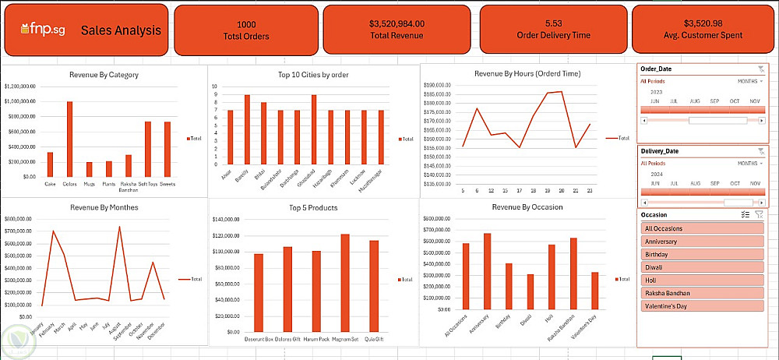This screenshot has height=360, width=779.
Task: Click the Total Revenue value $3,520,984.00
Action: [397, 24]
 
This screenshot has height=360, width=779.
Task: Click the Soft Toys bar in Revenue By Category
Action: [147, 149]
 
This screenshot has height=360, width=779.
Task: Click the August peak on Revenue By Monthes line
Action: [119, 227]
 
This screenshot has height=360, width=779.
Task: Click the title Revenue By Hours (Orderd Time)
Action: [527, 73]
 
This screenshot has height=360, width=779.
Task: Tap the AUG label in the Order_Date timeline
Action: [695, 101]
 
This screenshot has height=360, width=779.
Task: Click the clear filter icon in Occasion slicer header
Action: [759, 214]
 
